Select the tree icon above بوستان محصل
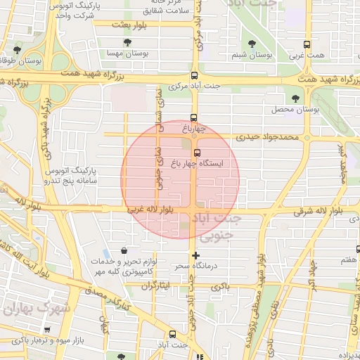[295, 98]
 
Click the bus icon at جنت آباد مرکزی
[195, 76]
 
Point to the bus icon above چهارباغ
[195, 118]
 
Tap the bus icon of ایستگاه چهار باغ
[196, 152]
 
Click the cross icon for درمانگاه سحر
[195, 255]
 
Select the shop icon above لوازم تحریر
[124, 250]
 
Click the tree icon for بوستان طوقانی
[17, 50]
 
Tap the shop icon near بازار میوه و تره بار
[47, 329]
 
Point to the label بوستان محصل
[296, 110]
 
